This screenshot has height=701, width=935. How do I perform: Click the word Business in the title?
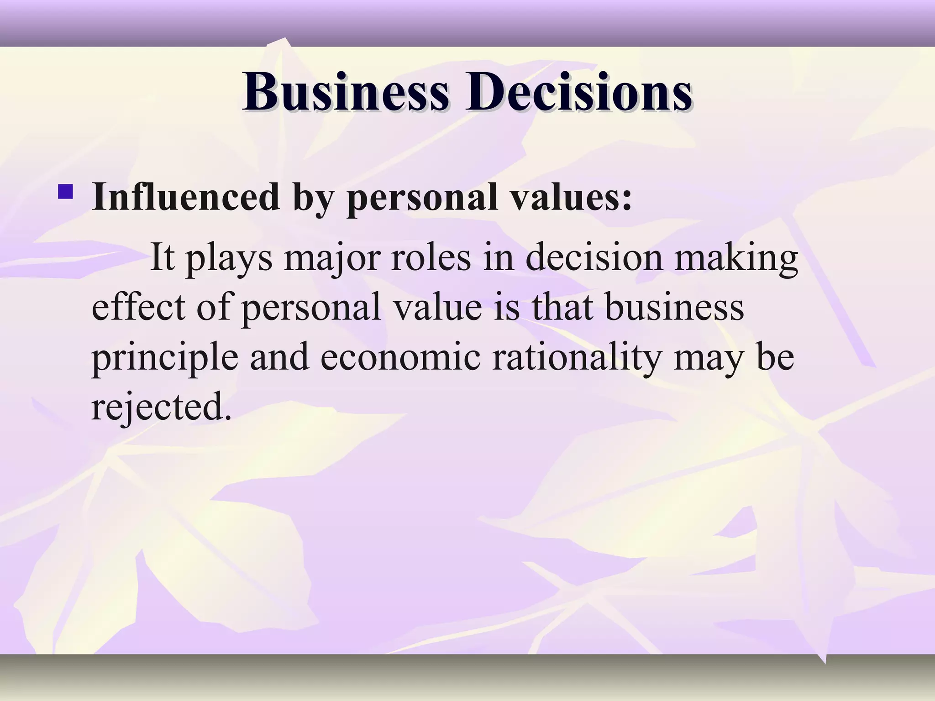[x=346, y=92]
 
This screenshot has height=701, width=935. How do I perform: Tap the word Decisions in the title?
[x=578, y=92]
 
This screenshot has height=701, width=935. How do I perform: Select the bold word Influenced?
[x=185, y=197]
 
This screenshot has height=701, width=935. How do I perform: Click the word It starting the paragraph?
[x=162, y=257]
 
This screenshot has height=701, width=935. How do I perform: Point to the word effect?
[x=138, y=307]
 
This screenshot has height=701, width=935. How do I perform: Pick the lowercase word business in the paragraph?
[x=674, y=307]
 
